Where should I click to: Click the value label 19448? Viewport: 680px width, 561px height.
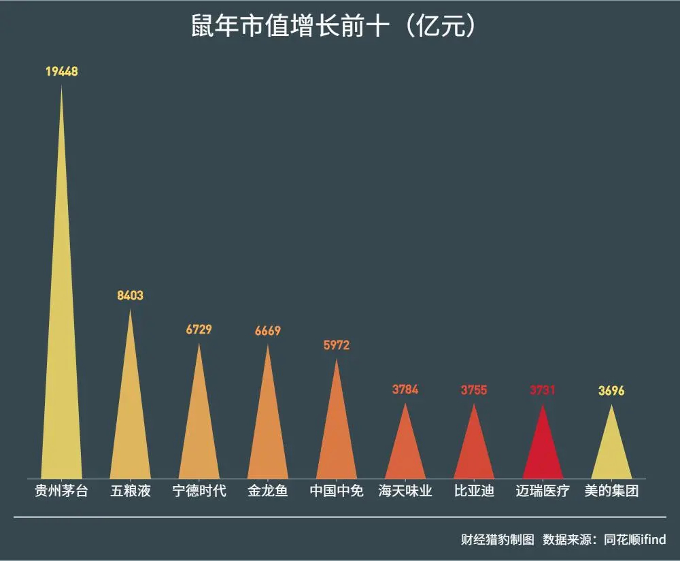pos(62,71)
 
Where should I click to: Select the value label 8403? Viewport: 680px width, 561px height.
pos(130,295)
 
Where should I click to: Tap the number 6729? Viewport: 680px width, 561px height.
pos(199,330)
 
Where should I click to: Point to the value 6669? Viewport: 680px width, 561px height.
pos(267,331)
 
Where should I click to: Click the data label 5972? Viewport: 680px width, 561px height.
pos(337,345)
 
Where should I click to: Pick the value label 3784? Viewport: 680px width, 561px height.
pos(405,390)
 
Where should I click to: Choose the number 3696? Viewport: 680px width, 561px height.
pos(611,391)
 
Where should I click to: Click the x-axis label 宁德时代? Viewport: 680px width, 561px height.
pos(199,491)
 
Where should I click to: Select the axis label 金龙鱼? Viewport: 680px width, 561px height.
pos(268,491)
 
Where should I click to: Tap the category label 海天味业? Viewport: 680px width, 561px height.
pos(405,491)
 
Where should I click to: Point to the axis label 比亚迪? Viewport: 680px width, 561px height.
pos(474,491)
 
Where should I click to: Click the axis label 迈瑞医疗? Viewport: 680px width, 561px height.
pos(543,491)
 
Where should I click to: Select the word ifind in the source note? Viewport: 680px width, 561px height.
pos(651,540)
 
